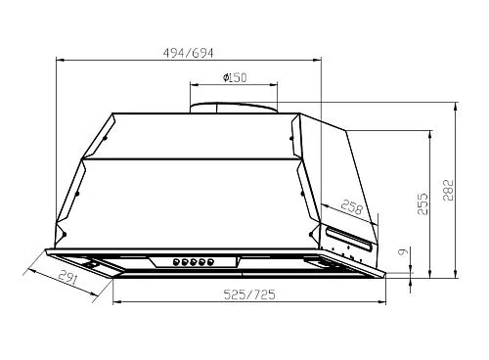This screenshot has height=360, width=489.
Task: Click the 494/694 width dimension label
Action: [x=188, y=53]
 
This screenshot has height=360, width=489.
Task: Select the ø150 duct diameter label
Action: [x=235, y=78]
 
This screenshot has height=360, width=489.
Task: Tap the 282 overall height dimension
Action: [x=449, y=190]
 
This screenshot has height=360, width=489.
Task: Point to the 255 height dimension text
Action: [x=422, y=203]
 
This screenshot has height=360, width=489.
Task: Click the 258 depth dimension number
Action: [x=352, y=207]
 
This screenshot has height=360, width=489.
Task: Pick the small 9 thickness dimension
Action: [x=404, y=251]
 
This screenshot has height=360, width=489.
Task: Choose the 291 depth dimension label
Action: [x=68, y=278]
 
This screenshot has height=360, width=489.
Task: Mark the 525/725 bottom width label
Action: [x=249, y=294]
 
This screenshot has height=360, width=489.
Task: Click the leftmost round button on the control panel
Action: [x=176, y=261]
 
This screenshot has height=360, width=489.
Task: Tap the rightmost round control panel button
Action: [x=210, y=261]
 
